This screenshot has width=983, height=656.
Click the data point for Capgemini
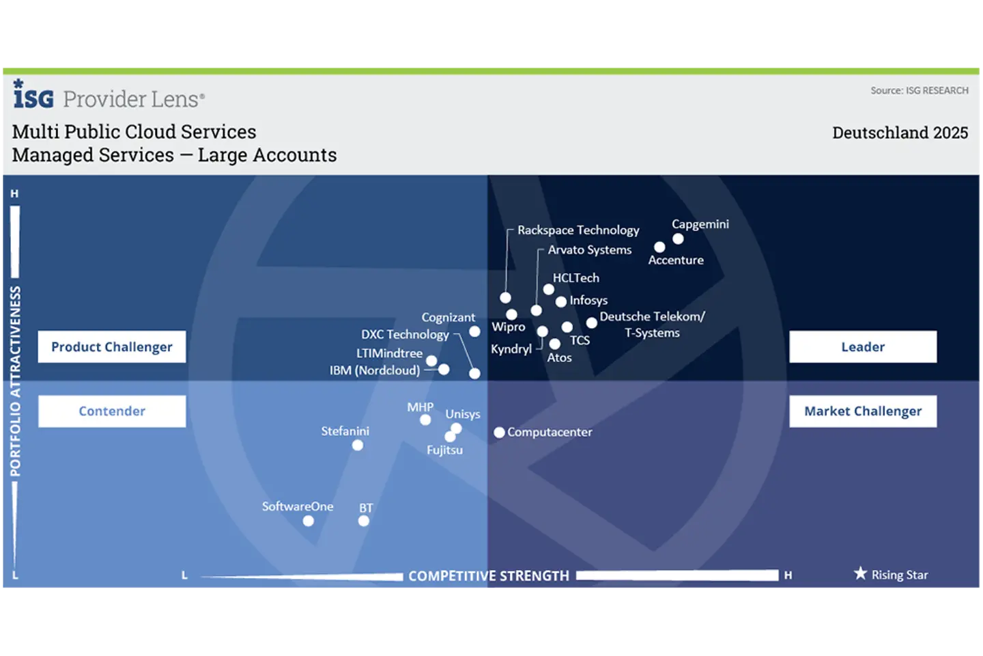[x=678, y=239]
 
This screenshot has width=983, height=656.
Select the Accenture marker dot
[x=659, y=247]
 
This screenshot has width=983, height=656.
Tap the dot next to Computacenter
[x=499, y=433]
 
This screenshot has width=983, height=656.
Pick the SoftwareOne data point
[x=309, y=521]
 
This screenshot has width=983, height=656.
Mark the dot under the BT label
[x=364, y=521]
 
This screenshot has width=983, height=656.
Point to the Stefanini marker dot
[x=358, y=446]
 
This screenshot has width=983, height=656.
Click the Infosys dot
[x=561, y=302]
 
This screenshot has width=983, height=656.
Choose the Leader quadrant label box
[x=863, y=346]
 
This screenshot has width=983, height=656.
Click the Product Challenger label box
[x=112, y=346]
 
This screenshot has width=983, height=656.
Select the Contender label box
[x=112, y=411]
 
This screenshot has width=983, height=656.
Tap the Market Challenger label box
[x=863, y=411]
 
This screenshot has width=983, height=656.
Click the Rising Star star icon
[x=861, y=573]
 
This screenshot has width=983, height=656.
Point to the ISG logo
[x=33, y=94]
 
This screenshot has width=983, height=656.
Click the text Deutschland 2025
[x=900, y=133]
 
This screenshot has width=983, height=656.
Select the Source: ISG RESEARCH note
[x=920, y=90]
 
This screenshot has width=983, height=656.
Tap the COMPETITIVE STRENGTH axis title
[x=489, y=575]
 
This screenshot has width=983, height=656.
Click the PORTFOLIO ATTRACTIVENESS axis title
[x=15, y=381]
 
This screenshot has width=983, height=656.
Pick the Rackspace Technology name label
[x=578, y=230]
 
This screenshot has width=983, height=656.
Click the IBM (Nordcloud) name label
[x=375, y=370]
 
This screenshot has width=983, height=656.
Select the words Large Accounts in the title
[x=268, y=155]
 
